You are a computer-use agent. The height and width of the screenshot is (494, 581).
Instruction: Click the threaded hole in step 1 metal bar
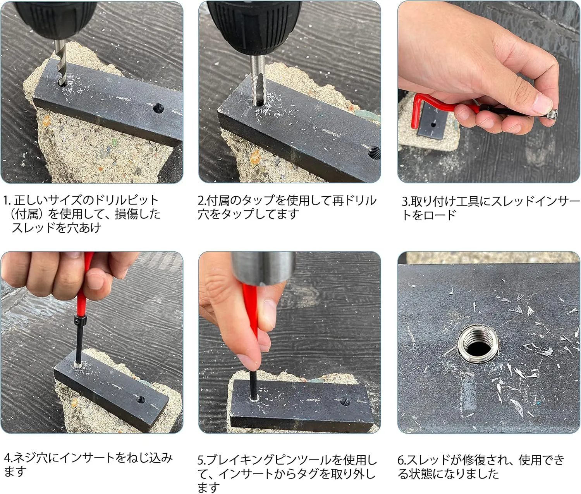(158, 108)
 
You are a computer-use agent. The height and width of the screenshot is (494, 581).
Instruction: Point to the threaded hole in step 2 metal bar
(374, 153)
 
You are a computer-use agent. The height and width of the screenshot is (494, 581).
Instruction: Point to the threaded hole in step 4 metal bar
(141, 399)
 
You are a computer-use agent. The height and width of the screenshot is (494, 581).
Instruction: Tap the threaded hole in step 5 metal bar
(345, 401)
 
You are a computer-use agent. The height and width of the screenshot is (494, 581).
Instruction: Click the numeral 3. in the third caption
(406, 201)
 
